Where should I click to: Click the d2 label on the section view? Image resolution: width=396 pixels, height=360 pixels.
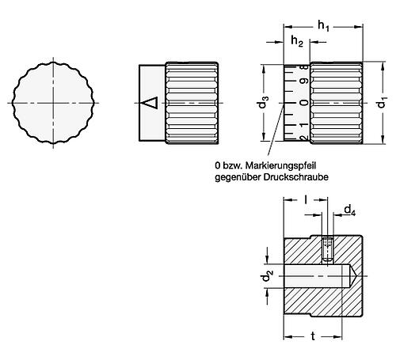point(266,279)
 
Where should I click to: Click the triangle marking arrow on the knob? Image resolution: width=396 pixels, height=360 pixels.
point(150,102)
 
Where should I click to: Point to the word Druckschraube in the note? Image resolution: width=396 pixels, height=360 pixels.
point(288,176)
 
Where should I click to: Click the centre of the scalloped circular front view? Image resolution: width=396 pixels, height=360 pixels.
point(54,103)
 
